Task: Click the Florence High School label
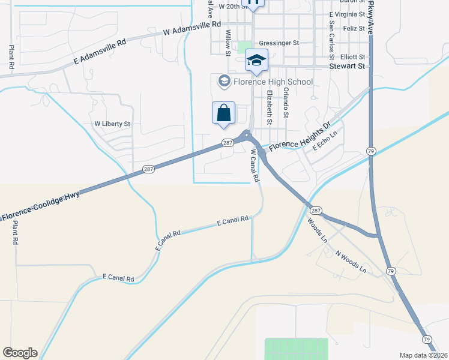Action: click(x=272, y=82)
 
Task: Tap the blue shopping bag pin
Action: click(x=223, y=113)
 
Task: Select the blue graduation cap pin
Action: click(x=256, y=61)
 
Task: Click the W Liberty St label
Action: click(x=112, y=124)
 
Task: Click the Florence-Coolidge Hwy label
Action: click(x=38, y=208)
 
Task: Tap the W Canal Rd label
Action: click(x=255, y=166)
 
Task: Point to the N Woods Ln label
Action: click(x=351, y=262)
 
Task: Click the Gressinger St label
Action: click(x=279, y=43)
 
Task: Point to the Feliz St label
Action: click(x=354, y=28)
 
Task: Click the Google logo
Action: click(x=20, y=353)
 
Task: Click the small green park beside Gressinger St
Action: click(x=245, y=46)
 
